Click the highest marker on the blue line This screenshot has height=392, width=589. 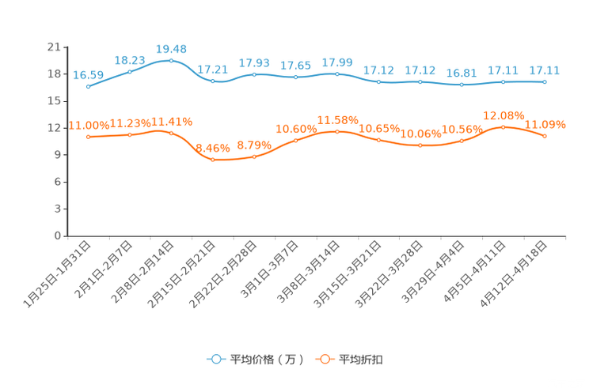click(x=171, y=60)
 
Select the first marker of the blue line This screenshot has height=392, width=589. click(x=88, y=86)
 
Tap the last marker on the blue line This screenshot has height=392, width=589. click(x=545, y=81)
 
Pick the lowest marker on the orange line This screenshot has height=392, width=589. click(x=212, y=160)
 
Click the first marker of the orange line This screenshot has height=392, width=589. click(x=88, y=138)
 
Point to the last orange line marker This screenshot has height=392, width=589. click(x=545, y=137)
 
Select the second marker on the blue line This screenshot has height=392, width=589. click(x=130, y=72)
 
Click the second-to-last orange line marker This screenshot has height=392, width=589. click(x=503, y=127)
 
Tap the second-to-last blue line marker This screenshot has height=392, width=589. click(x=503, y=81)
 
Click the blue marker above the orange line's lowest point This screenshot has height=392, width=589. click(x=212, y=81)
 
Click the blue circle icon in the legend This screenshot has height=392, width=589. click(x=216, y=360)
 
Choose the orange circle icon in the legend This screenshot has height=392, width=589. click(x=325, y=360)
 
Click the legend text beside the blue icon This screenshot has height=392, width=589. click(x=266, y=360)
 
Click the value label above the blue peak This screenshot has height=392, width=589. click(x=171, y=49)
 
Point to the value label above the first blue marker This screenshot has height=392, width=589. click(x=88, y=75)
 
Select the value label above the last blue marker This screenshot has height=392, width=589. click(x=545, y=70)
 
